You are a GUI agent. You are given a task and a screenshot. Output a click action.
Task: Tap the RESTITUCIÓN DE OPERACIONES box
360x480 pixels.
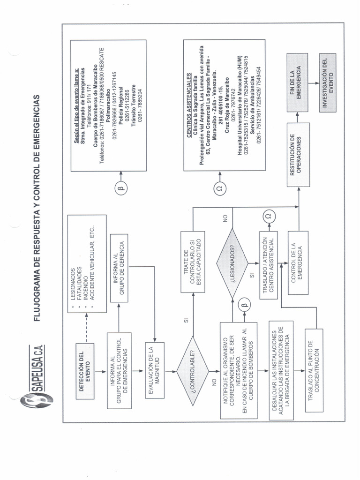pos(299,154)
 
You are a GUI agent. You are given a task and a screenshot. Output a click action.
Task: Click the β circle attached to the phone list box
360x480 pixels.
pos(120,189)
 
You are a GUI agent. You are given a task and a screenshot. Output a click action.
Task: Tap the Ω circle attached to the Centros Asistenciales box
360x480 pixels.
pos(220,188)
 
